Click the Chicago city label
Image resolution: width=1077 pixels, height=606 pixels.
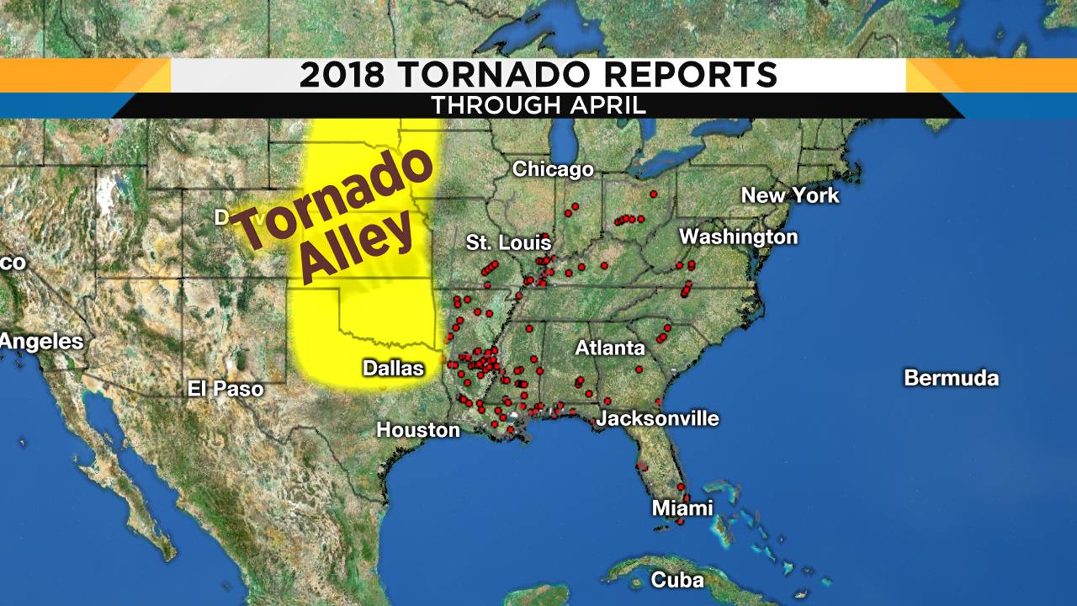tap(553, 169)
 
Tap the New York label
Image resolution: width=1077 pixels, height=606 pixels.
tap(790, 195)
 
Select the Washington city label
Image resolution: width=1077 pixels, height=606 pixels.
tap(738, 237)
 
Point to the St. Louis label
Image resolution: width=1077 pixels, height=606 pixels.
tap(508, 243)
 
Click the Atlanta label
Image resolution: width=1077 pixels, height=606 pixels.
tap(610, 348)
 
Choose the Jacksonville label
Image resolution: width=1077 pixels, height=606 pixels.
tap(658, 418)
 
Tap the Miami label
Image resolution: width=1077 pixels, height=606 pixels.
tap(682, 508)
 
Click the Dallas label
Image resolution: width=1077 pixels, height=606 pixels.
tap(393, 368)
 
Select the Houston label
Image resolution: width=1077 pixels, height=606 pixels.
tap(418, 429)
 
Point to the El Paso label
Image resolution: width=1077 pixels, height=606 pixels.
tap(225, 389)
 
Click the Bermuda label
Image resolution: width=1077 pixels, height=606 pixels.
tap(951, 378)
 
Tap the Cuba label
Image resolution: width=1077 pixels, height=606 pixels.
tap(676, 580)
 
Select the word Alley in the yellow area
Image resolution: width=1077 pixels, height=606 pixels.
tap(358, 250)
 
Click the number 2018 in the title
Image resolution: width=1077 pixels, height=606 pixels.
tap(342, 76)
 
